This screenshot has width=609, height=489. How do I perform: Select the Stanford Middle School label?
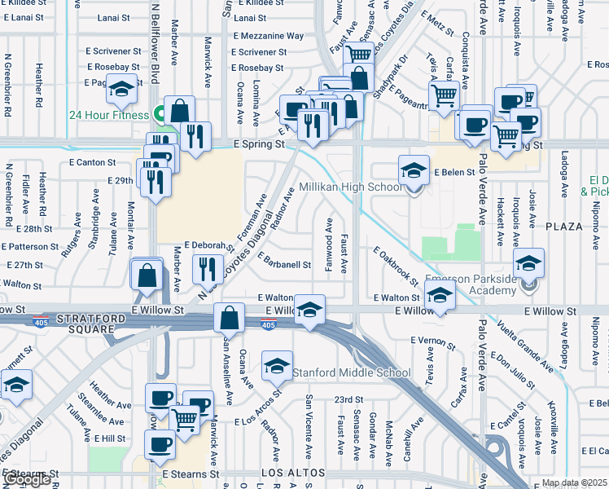coord(352,373)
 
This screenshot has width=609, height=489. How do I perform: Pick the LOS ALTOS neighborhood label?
coord(293,473)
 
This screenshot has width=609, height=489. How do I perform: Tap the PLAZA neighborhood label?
coord(565,226)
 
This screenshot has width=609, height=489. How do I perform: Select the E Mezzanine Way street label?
coord(268,36)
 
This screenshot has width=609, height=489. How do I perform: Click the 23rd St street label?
coord(348,399)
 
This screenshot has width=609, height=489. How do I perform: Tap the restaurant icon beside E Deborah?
coord(208,268)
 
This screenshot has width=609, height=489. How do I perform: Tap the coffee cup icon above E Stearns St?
coord(160,444)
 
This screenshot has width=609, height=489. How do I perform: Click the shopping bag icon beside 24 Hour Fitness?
coord(179,111)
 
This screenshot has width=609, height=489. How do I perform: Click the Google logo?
coord(27,479)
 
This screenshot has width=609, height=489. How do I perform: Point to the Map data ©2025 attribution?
coord(572,482)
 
